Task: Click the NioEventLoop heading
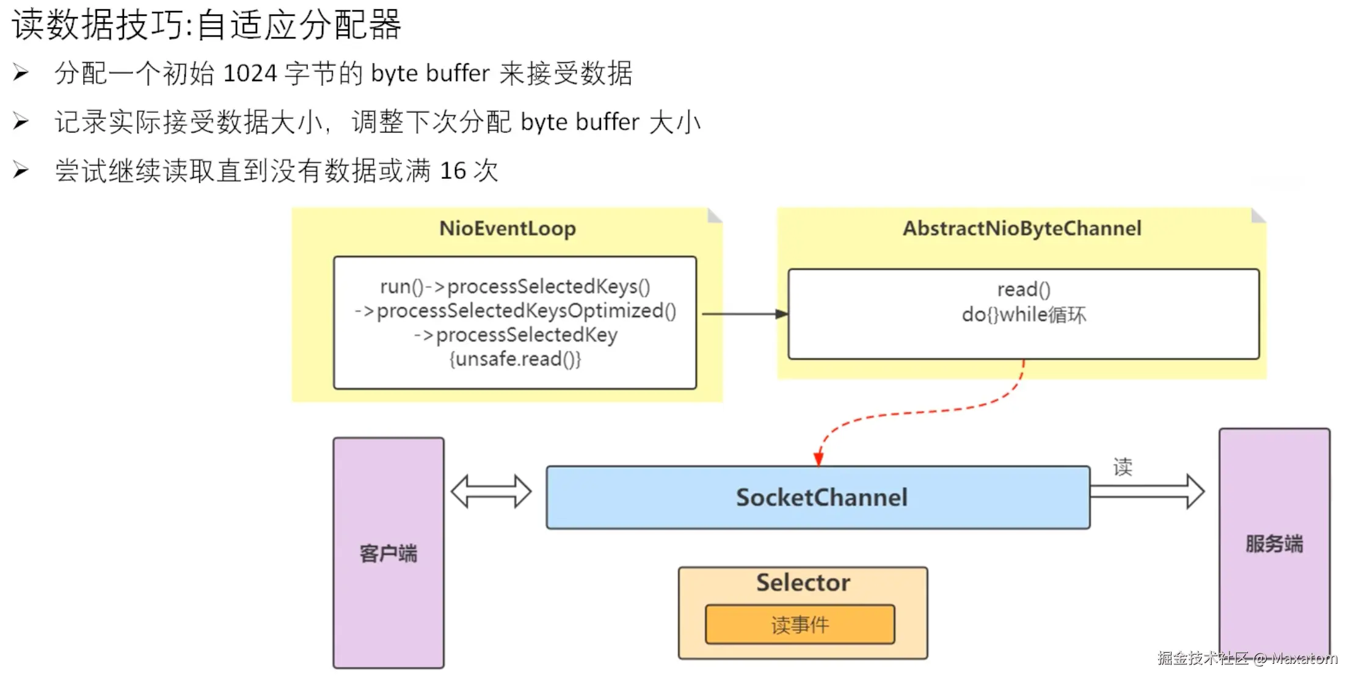507,228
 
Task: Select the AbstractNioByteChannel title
1022,228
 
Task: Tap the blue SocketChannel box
818,497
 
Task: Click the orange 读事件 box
800,624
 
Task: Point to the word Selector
803,583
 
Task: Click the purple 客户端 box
388,553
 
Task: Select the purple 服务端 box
1274,543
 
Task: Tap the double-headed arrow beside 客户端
491,491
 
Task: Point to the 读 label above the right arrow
1123,467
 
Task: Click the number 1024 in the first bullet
250,73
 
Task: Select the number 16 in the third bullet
453,170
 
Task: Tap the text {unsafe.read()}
515,359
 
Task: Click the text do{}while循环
1024,315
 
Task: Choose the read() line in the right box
1024,289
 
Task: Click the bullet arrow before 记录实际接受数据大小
21,122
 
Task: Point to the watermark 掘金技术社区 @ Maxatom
1247,658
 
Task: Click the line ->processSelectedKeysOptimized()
515,311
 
